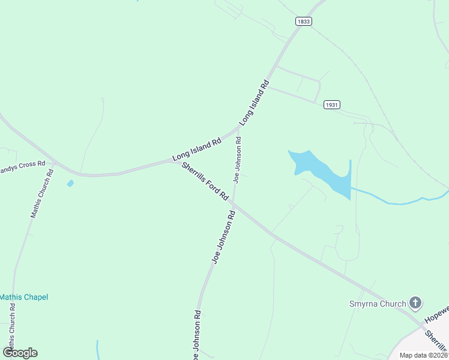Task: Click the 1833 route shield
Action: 304,21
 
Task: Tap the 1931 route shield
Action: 332,104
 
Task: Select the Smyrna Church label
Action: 378,304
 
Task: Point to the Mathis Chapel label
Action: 23,297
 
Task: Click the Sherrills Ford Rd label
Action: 206,181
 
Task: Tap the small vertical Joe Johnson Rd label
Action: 238,159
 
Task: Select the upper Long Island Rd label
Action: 254,103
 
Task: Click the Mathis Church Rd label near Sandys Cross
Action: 42,193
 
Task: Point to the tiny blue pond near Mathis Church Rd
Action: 70,183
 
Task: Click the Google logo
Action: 20,353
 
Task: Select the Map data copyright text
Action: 424,355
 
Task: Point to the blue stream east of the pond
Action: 396,200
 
